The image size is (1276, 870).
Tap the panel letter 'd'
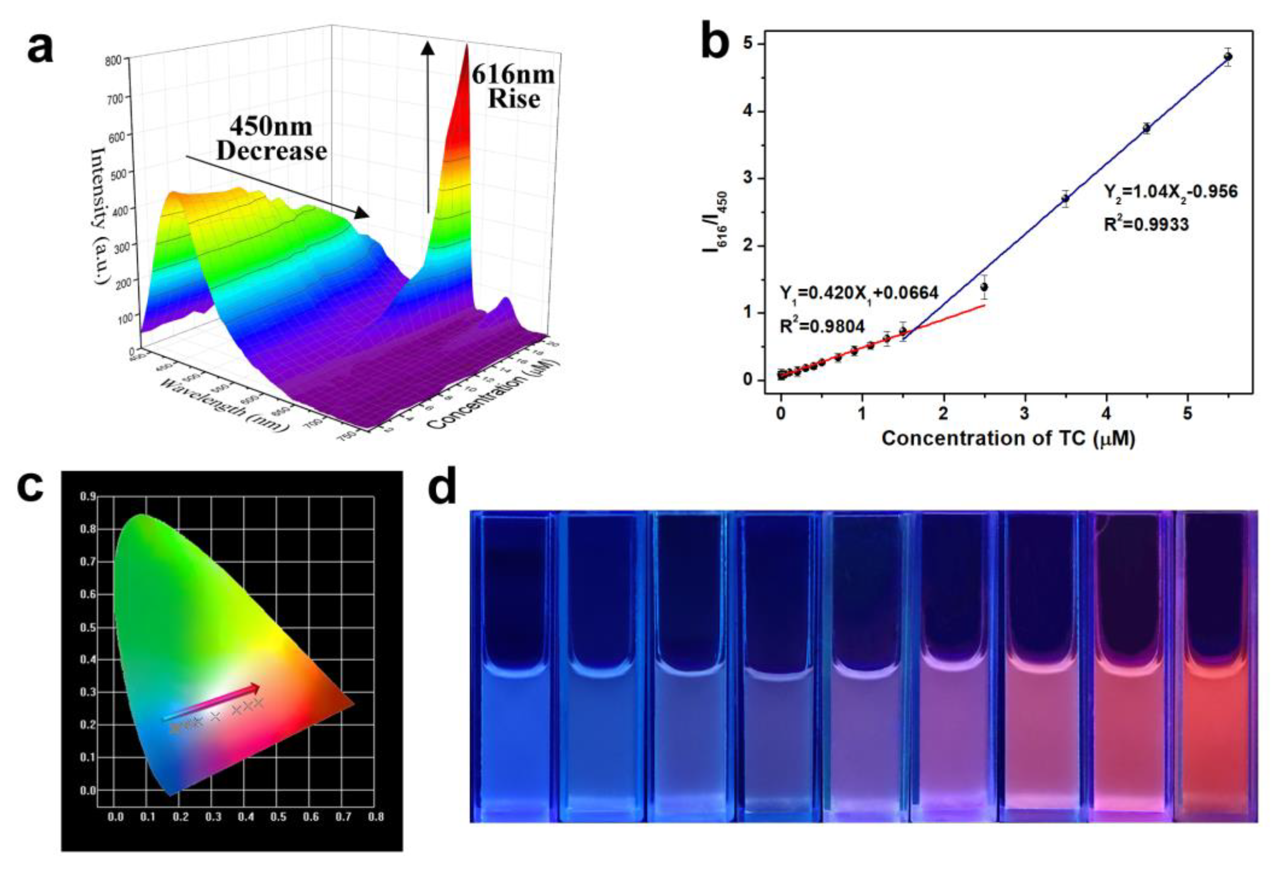coord(442,488)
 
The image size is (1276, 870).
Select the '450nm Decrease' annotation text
coord(271,139)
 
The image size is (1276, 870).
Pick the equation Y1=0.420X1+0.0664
coord(859,293)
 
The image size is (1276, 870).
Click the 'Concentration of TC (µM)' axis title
coord(1008,438)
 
